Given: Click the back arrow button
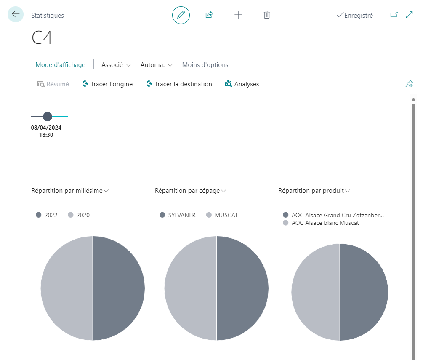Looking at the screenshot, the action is pyautogui.click(x=16, y=14).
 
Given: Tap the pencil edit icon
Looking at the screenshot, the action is pyautogui.click(x=181, y=15).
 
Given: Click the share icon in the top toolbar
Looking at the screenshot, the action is pyautogui.click(x=209, y=15).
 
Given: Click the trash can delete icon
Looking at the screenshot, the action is pyautogui.click(x=267, y=15).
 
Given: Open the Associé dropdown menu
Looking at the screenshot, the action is pyautogui.click(x=116, y=65).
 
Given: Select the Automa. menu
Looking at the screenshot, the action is pyautogui.click(x=157, y=65).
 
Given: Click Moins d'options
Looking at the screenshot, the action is pyautogui.click(x=205, y=65).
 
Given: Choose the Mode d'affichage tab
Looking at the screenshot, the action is pyautogui.click(x=61, y=65).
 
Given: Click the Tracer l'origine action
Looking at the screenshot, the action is pyautogui.click(x=107, y=84).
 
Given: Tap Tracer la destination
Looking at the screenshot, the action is pyautogui.click(x=179, y=84).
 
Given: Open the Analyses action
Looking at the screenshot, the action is pyautogui.click(x=242, y=84).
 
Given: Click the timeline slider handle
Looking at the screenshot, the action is pyautogui.click(x=48, y=116).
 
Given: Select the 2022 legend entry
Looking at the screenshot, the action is pyautogui.click(x=47, y=215).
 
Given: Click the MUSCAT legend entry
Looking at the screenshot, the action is pyautogui.click(x=222, y=215).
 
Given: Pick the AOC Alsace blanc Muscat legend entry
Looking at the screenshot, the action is pyautogui.click(x=321, y=223).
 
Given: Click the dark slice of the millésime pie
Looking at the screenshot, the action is pyautogui.click(x=118, y=288).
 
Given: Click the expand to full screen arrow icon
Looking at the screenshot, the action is pyautogui.click(x=410, y=15).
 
